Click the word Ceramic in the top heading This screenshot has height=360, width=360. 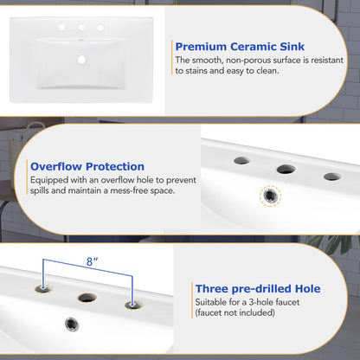point(254,46)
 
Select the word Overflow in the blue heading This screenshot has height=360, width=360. point(60,166)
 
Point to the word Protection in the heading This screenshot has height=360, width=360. point(117,166)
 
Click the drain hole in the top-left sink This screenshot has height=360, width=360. point(83,60)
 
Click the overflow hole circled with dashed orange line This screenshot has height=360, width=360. point(271,196)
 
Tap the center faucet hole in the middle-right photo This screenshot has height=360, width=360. point(286,170)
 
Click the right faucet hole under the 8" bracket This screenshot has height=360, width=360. point(132,304)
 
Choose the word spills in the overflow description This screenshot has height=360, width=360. point(42,193)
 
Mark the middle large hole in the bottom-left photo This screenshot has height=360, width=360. point(87,297)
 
